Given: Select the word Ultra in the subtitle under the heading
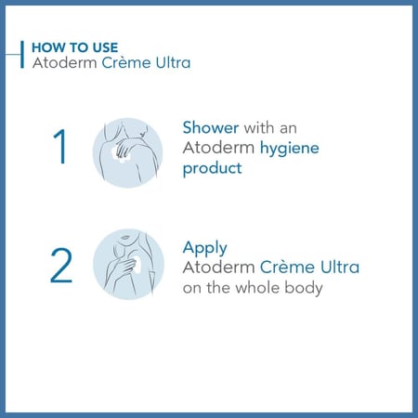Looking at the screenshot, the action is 173,62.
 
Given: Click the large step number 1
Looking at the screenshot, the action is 60,146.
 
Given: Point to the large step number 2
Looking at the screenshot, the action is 61,266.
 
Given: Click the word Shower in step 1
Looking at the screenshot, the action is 211,127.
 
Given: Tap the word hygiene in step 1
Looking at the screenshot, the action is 290,149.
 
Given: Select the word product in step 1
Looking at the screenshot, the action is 213,169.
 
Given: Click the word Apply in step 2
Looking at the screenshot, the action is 205,249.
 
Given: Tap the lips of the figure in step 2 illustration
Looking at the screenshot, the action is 125,238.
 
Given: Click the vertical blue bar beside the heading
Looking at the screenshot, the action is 22,55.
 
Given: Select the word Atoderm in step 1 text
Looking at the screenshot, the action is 218,148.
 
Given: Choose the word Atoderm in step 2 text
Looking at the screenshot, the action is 218,268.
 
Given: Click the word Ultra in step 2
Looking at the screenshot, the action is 340,267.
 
